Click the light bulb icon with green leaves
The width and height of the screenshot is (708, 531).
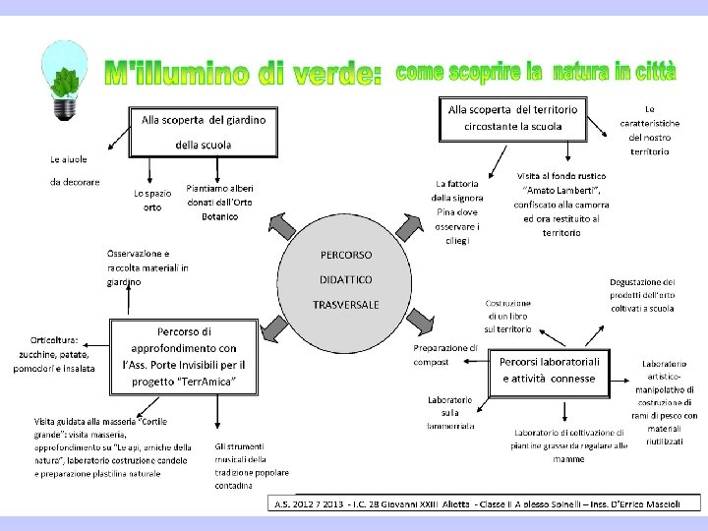(65, 81)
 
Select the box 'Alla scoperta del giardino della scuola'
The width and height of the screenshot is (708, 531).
(203, 132)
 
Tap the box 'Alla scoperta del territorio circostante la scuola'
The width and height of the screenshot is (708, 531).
(512, 118)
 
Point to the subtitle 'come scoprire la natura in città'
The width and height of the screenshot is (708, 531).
(536, 72)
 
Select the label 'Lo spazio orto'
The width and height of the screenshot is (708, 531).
(152, 200)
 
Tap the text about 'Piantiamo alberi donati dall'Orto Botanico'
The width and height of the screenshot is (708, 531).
(219, 202)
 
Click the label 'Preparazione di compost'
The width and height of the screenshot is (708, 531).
(444, 354)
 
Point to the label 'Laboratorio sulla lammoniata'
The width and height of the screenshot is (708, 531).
(451, 413)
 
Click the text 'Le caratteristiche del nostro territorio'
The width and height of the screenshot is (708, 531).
(649, 130)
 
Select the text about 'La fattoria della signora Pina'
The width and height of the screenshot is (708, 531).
(455, 211)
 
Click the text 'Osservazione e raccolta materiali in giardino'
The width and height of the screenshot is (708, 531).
(147, 267)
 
